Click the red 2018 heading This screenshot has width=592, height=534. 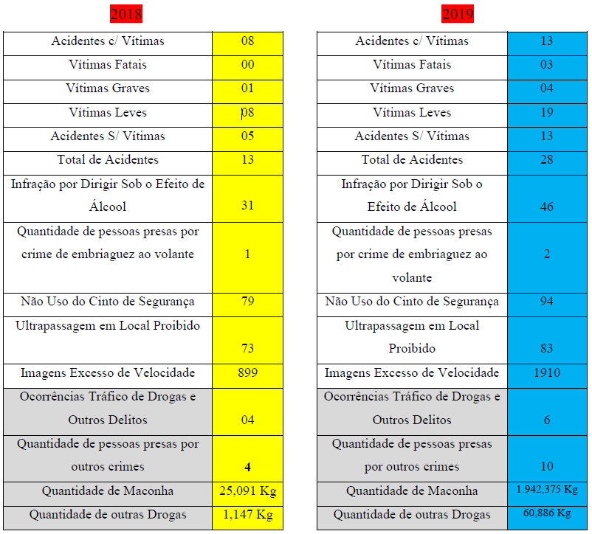click(125, 14)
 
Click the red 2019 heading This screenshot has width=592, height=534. click(458, 14)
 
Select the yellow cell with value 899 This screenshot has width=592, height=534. click(247, 373)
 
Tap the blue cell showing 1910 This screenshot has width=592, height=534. click(546, 373)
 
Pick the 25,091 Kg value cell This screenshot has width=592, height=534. click(247, 491)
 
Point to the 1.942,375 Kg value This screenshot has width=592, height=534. click(547, 490)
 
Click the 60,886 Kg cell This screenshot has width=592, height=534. click(547, 513)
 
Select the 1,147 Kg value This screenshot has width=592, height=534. click(247, 515)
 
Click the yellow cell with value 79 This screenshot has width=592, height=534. click(247, 302)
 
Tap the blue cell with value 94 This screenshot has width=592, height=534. click(546, 302)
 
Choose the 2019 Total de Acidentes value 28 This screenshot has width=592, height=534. click(546, 160)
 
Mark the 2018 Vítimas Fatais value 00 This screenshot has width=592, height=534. click(247, 65)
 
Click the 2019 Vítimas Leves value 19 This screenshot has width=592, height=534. click(546, 113)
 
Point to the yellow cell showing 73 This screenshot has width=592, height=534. click(247, 348)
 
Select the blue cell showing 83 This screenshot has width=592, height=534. click(546, 348)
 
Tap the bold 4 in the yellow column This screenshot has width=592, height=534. click(247, 467)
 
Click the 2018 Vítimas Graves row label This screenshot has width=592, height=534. click(108, 89)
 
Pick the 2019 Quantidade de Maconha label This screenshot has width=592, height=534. click(412, 491)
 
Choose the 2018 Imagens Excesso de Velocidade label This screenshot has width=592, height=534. click(108, 373)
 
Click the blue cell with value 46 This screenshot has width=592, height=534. click(546, 207)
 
